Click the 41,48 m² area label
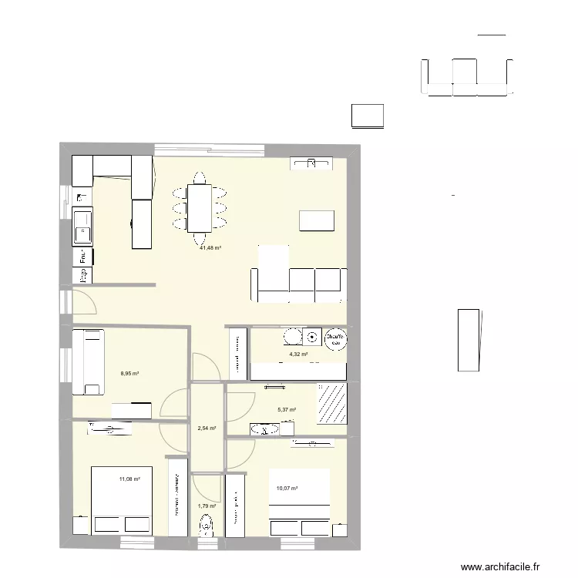point(210,248)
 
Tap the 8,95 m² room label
point(129,374)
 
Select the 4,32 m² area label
point(298,355)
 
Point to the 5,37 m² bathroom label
point(287,410)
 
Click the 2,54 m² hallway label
point(207,428)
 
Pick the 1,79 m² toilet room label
point(207,506)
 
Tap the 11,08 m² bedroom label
point(129,479)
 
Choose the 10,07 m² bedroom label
point(287,489)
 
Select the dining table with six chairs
point(200,208)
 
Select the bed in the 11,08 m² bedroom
point(121,500)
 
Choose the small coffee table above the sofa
point(317,220)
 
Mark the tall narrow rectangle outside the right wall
point(469,338)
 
